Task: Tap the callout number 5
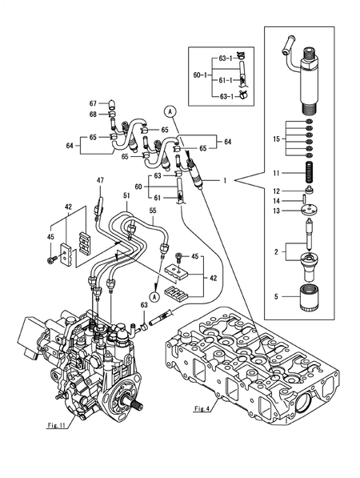[x=276, y=297]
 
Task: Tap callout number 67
[x=93, y=103]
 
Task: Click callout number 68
[x=93, y=114]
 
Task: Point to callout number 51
[x=126, y=195]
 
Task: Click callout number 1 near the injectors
[x=227, y=182]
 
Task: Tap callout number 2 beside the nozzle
[x=277, y=251]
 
